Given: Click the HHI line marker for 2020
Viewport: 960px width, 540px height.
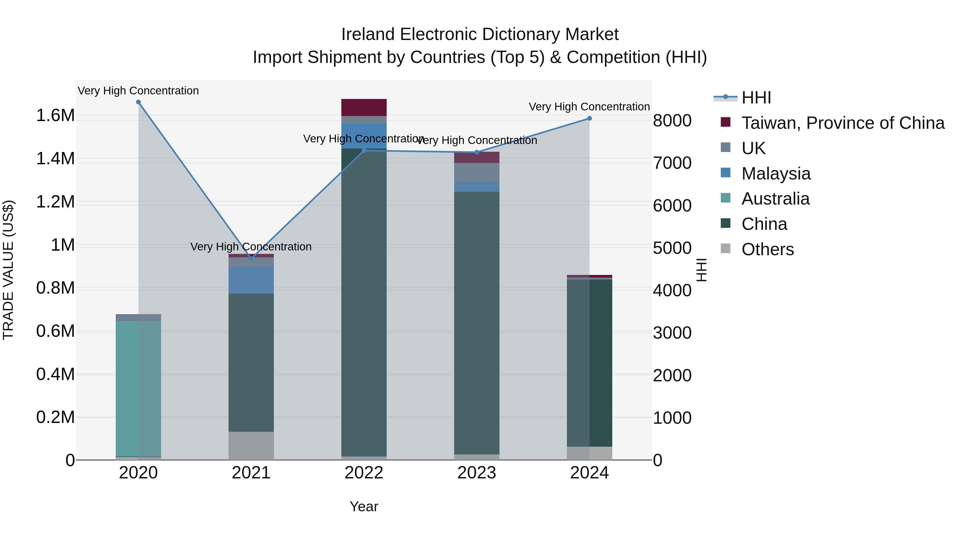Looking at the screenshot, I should pos(138,102).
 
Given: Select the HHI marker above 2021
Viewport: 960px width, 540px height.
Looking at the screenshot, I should pos(251,258).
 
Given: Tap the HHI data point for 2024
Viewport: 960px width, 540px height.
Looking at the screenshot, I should pos(589,118).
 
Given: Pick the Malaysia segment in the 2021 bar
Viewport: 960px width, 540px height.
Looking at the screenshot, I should pos(251,280).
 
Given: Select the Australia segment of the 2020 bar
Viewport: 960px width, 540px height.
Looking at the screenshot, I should pos(138,387).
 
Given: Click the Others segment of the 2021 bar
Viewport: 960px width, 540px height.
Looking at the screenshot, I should pos(251,445).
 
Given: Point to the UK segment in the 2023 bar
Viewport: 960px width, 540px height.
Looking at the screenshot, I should pos(476,172).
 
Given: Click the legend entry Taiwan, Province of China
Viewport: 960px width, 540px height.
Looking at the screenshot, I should pos(842,123).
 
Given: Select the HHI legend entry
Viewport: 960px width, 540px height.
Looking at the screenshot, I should pos(756,98).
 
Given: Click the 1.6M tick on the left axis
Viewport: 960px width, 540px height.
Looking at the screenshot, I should pos(55,115).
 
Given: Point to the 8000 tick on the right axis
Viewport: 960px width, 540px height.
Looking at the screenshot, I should pos(672,121).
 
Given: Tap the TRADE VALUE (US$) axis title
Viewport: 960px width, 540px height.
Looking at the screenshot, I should pos(8,270).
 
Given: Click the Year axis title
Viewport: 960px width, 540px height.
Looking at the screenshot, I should pos(364,506).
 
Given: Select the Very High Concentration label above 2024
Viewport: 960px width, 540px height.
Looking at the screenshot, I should pos(589,107).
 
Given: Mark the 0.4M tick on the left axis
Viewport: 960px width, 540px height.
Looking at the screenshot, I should pos(55,374).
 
